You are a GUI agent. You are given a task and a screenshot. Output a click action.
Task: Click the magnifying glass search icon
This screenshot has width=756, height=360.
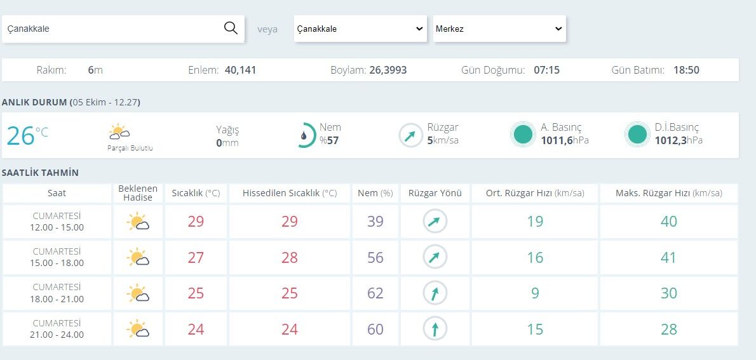pos(231,29)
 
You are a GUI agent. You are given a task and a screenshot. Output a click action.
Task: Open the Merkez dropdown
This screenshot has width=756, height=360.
pos(499,29)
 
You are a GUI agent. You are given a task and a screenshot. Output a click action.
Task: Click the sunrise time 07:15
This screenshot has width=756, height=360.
pos(547,70)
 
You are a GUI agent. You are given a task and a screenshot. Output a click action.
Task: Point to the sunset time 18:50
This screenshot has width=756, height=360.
pos(687,70)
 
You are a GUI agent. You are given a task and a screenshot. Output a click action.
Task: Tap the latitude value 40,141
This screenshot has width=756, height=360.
pos(241,70)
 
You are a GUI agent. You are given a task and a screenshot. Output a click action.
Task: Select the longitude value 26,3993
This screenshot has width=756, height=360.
pos(388,70)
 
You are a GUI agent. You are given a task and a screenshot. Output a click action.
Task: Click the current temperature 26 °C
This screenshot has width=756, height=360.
pos(27,135)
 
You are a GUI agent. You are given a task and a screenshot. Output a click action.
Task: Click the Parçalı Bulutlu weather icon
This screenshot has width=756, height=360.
pos(119,132)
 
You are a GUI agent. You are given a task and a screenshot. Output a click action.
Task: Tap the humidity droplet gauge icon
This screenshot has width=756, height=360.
pos(305,135)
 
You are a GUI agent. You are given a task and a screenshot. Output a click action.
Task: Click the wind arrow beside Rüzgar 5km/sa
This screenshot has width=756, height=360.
pos(411,136)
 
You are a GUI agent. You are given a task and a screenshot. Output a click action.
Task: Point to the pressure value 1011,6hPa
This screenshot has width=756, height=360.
pos(565,141)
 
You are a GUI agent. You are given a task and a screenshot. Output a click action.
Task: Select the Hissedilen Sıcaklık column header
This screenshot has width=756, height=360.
pos(290,194)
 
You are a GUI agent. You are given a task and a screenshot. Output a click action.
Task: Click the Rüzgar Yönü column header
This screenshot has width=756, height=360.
pos(435,194)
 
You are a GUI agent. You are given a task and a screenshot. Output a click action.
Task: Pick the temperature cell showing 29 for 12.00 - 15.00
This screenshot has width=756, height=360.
pos(196,222)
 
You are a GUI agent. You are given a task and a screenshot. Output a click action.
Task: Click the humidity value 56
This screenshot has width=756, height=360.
pos(375,258)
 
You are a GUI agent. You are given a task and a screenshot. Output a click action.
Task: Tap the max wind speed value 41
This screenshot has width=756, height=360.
pos(669,258)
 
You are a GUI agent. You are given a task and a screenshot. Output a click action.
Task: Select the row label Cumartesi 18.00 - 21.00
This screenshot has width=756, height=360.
pos(57,293)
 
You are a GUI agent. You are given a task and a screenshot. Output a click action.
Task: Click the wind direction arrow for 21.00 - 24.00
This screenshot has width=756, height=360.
pos(435,329)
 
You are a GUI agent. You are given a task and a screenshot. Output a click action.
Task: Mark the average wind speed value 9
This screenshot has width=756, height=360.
pos(535,293)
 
